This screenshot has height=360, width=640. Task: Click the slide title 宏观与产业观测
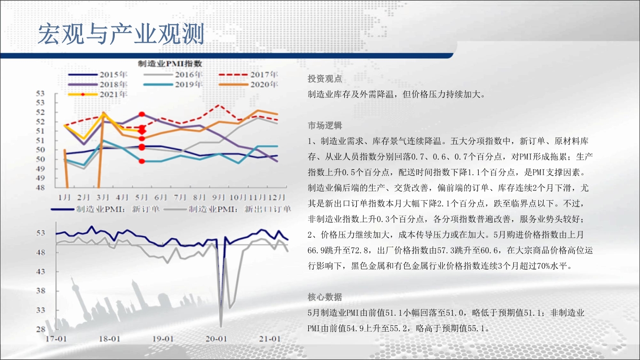[x=121, y=34]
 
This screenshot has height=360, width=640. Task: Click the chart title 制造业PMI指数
[x=170, y=64]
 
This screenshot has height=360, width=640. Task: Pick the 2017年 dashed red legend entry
[x=248, y=74]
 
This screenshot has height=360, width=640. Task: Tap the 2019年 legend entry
[x=173, y=84]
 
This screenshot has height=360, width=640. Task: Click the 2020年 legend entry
[x=248, y=84]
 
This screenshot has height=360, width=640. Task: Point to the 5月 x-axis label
[x=142, y=197]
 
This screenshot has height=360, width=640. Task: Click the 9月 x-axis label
[x=218, y=197]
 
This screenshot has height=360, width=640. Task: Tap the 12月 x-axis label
[x=276, y=197]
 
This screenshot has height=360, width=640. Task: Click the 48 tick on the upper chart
[x=40, y=188]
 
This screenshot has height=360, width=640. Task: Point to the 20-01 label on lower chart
[x=216, y=339]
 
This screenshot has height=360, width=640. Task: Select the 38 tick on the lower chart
[x=41, y=291]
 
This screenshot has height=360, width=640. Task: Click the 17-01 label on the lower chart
[x=56, y=339]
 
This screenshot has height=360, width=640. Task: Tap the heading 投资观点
[x=325, y=79]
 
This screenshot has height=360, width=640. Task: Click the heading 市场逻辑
[x=325, y=125]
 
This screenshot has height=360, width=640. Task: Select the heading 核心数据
[x=325, y=297]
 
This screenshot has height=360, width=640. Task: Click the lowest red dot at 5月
[x=142, y=161]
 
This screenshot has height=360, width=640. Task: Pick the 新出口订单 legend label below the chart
[x=267, y=209]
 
